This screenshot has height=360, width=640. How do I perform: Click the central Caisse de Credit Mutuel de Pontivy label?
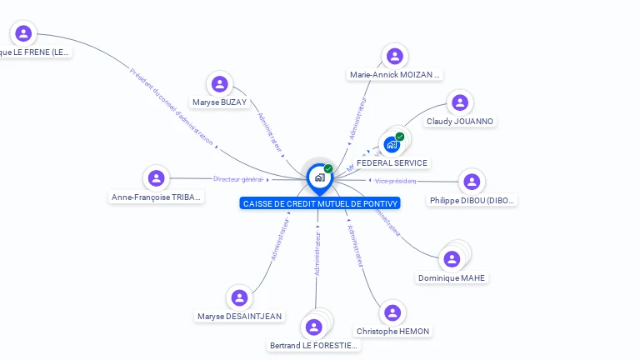(320, 203)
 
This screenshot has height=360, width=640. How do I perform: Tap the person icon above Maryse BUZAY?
(220, 84)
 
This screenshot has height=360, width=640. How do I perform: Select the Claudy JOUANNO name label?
(460, 122)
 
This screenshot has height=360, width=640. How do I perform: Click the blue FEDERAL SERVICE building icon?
(392, 144)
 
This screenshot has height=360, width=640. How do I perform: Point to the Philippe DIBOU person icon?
(472, 182)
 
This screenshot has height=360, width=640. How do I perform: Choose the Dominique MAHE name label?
(452, 278)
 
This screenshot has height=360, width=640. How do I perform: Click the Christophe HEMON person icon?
(392, 312)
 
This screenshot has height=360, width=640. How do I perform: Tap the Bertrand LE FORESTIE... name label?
(315, 346)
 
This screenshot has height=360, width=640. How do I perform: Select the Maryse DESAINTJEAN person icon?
(240, 297)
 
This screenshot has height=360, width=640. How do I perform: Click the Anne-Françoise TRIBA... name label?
(157, 197)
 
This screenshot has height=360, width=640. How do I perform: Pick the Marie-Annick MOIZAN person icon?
(395, 56)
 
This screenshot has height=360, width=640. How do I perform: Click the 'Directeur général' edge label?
(238, 179)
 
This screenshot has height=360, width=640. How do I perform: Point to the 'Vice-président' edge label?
(395, 181)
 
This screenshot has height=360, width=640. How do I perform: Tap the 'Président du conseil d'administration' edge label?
(172, 106)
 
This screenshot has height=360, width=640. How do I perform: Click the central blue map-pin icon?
(318, 177)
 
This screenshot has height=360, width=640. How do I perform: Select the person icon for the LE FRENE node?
(23, 33)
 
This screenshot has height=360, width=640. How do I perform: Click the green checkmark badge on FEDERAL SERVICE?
(400, 137)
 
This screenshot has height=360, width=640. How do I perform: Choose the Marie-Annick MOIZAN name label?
(395, 75)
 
